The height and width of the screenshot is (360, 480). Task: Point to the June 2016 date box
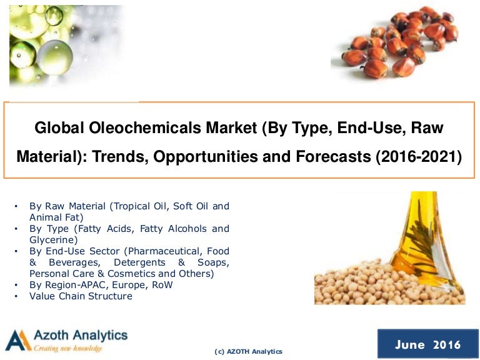click(x=427, y=344)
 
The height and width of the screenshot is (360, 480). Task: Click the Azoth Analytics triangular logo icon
click(x=17, y=340)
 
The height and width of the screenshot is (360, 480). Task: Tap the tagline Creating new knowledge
click(x=68, y=348)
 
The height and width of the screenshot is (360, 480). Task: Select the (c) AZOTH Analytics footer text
click(x=248, y=352)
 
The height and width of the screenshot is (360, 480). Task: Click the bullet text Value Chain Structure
click(x=81, y=296)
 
